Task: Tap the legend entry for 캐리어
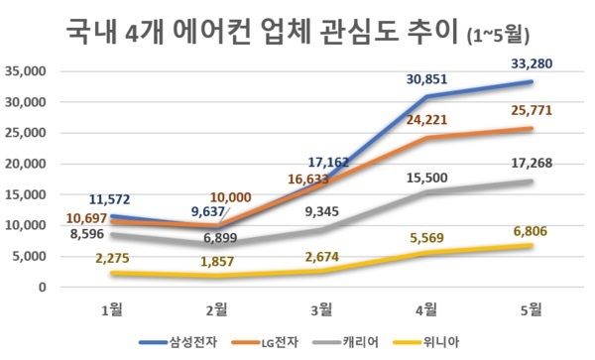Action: [x=375, y=342]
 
